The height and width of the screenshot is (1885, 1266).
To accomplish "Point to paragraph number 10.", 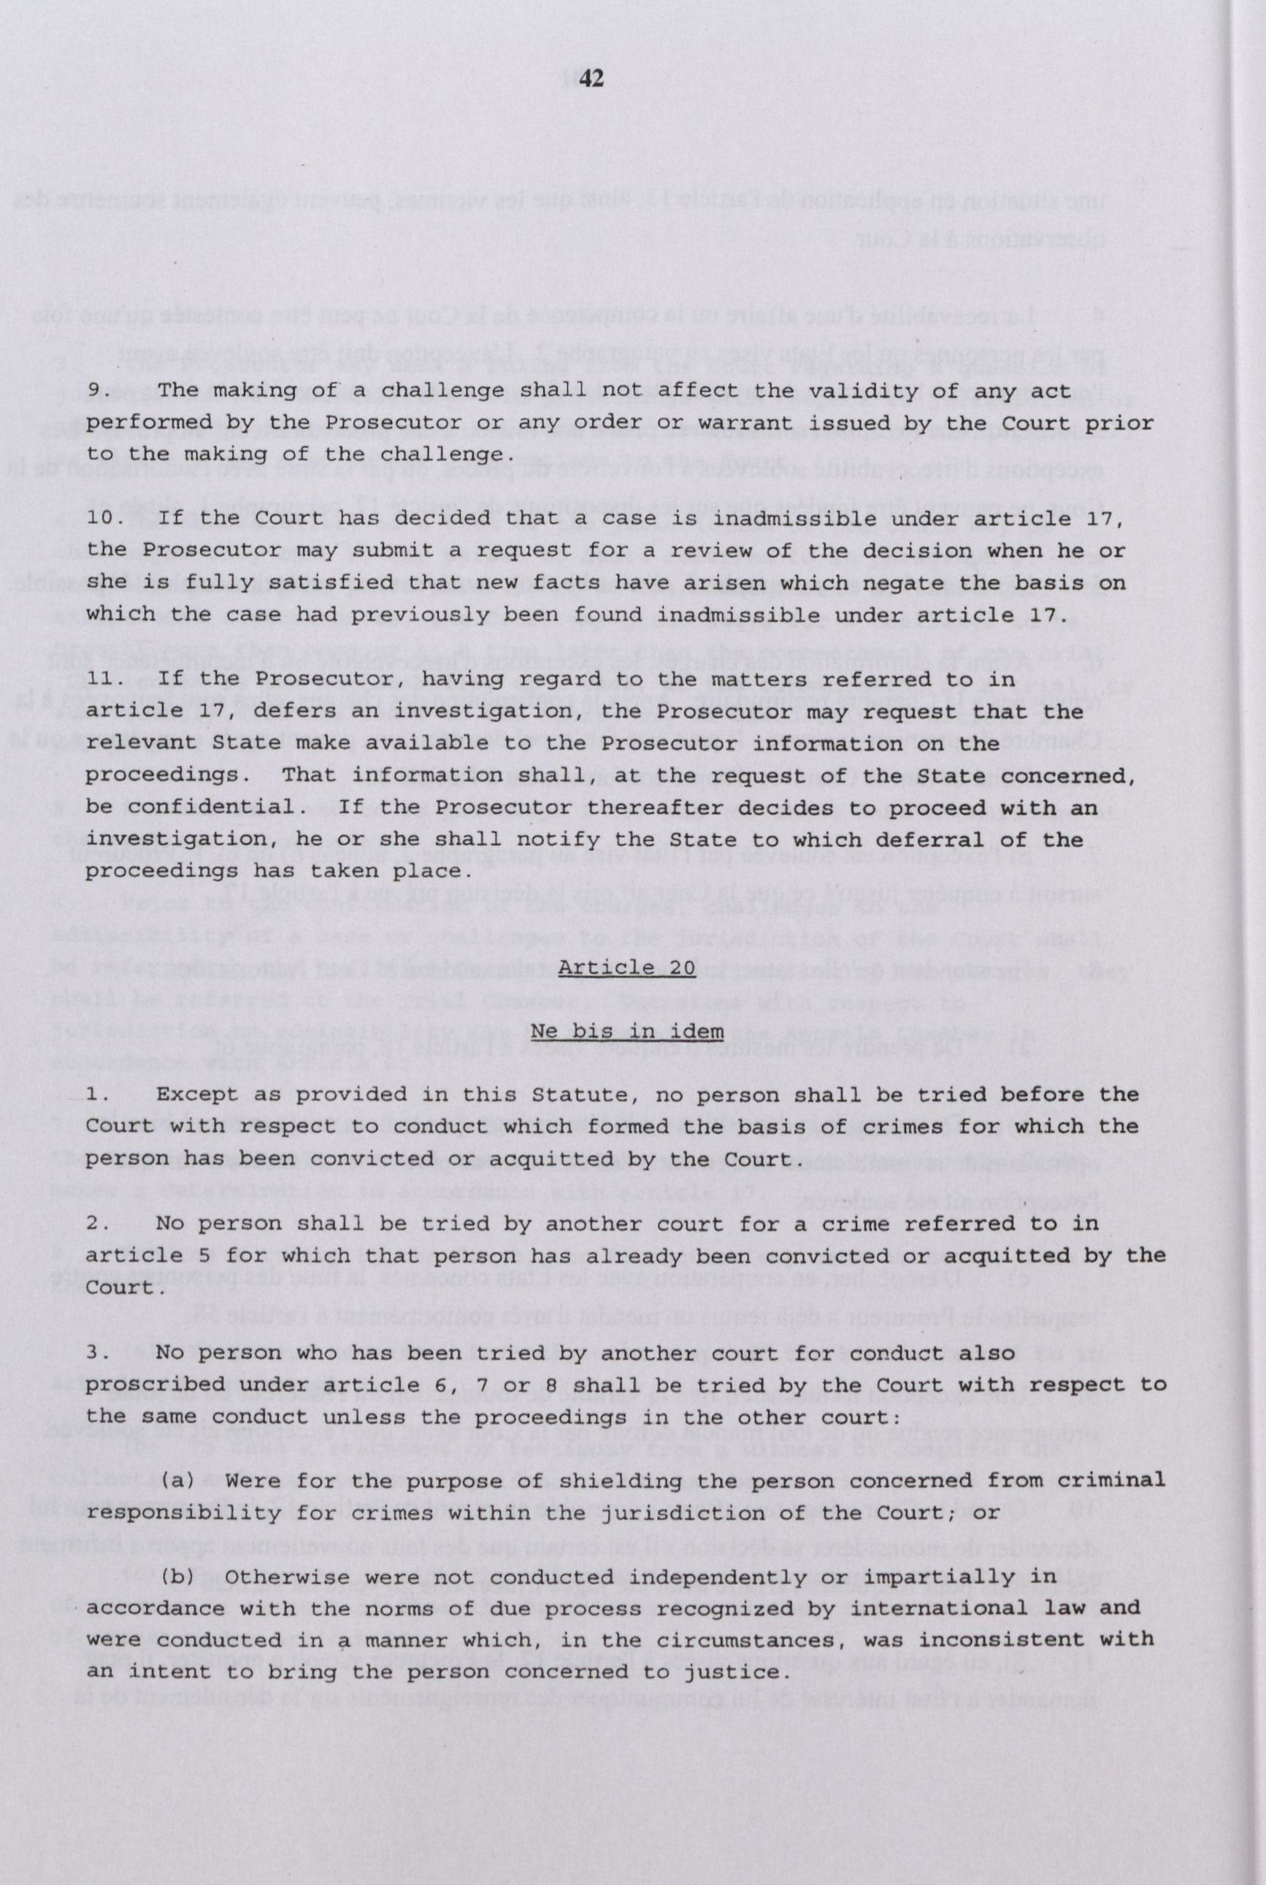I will [104, 519].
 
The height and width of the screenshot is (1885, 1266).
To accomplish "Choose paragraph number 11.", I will [104, 680].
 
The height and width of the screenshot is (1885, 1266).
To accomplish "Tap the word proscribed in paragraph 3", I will [150, 1384].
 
